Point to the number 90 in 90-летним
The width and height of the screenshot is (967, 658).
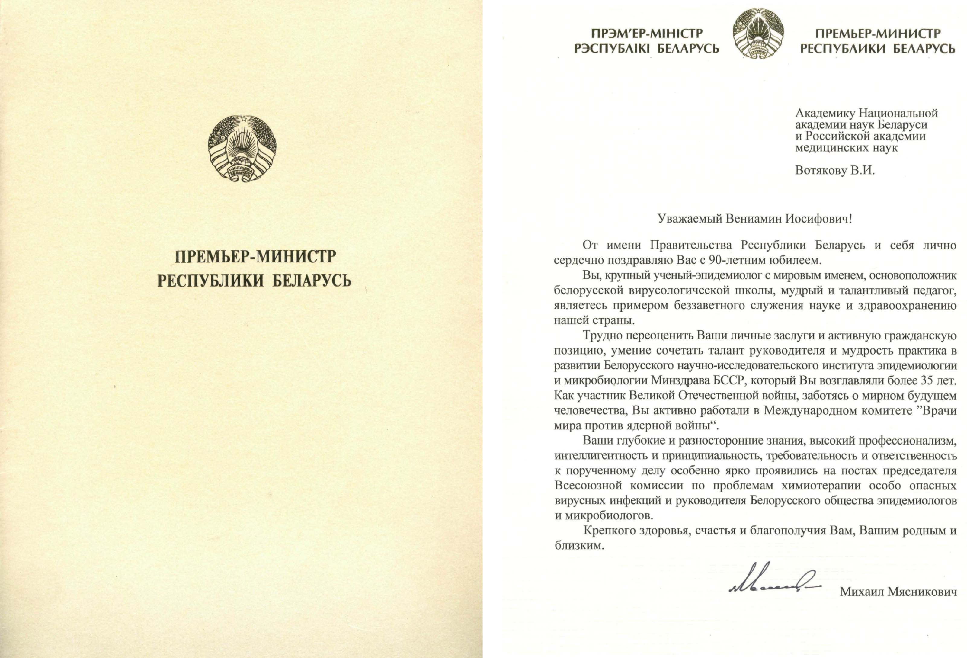pyautogui.click(x=714, y=261)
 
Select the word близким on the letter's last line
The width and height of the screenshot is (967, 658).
pyautogui.click(x=579, y=546)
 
